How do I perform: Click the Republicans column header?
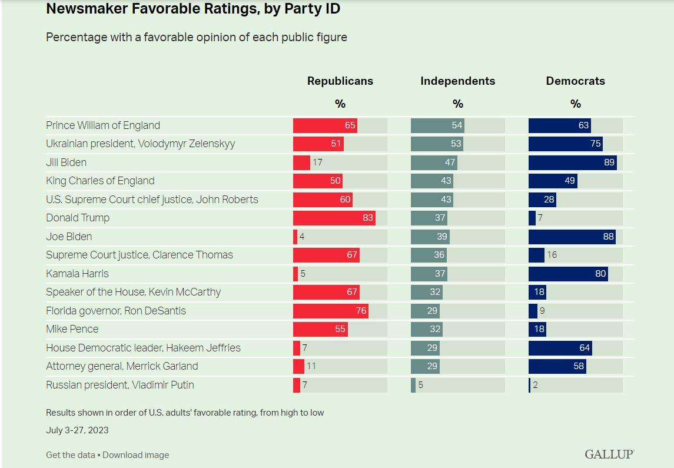tap(340, 81)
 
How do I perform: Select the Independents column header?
tap(457, 81)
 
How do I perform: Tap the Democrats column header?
tap(575, 81)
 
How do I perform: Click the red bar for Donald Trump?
tap(334, 218)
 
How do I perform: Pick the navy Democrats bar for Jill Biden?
tap(572, 162)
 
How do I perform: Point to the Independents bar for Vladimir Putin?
tap(413, 385)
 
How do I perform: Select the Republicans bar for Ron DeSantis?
tap(330, 311)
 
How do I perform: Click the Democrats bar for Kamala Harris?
tap(568, 274)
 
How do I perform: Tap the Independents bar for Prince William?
tap(437, 125)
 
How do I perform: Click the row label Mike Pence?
tap(72, 329)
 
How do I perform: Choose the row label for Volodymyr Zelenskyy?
tap(140, 144)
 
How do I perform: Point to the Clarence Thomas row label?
tap(140, 255)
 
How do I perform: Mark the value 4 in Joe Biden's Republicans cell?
tap(302, 237)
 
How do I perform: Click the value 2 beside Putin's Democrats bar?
tap(535, 385)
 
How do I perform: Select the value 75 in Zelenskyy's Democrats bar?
tap(595, 144)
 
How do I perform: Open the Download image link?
tap(136, 455)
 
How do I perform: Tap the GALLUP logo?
tap(609, 454)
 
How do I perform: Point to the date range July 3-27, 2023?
tap(77, 430)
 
